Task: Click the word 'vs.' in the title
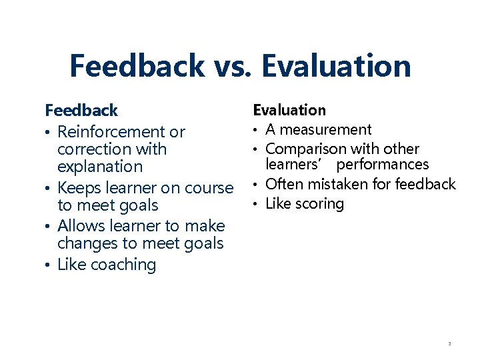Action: coord(233,66)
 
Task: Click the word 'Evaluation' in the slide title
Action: coord(336,66)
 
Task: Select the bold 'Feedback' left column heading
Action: coord(81,110)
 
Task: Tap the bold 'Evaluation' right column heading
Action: coord(289,110)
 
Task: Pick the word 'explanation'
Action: coord(100,167)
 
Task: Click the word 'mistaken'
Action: coord(336,184)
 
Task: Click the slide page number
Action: coord(449,344)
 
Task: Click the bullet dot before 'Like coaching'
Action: coord(48,265)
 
